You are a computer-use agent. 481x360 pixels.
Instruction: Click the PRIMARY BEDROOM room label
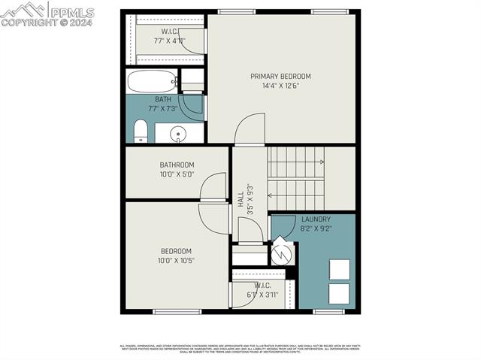280,76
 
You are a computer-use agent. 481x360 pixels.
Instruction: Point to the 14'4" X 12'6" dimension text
280,86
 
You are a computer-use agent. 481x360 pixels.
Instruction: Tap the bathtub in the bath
152,80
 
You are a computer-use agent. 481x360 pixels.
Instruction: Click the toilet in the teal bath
141,132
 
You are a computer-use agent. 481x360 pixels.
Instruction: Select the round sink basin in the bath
178,135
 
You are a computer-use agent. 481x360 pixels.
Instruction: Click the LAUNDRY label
316,219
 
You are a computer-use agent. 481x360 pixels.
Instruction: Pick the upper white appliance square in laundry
339,269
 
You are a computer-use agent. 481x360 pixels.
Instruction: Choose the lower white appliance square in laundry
339,294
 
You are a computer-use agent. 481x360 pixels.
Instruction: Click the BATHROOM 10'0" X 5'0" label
177,170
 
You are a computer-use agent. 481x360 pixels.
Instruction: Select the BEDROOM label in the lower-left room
176,251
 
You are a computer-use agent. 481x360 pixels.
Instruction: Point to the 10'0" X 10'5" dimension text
176,261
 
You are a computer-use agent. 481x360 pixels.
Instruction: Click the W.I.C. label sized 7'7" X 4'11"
169,36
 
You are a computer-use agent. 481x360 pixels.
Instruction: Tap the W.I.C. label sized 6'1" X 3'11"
262,290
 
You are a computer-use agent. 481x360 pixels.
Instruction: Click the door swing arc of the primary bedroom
250,127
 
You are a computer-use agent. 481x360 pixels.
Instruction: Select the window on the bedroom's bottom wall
177,311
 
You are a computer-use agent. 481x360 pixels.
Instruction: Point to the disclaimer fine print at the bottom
240,348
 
